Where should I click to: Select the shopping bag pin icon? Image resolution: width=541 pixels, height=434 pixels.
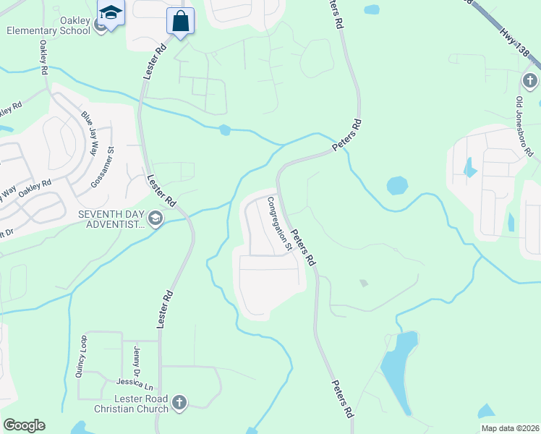click(180, 21)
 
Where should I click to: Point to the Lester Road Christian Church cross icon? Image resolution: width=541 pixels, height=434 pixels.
click(180, 401)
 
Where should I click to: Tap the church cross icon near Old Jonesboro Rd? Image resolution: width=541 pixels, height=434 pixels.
click(529, 80)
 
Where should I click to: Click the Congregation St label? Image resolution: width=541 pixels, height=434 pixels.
click(279, 224)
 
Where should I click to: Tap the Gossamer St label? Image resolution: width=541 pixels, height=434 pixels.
click(102, 168)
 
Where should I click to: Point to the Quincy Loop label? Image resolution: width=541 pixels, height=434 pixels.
click(80, 357)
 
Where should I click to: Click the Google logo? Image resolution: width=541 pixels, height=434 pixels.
click(24, 425)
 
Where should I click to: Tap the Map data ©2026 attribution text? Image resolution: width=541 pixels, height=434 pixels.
click(509, 428)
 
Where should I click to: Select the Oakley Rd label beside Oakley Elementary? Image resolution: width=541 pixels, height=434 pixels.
click(44, 58)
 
